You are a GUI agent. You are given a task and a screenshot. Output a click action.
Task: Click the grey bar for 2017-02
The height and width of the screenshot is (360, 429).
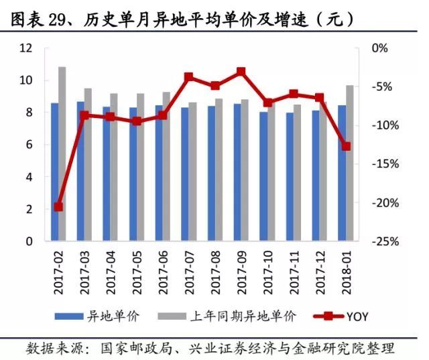click(x=62, y=154)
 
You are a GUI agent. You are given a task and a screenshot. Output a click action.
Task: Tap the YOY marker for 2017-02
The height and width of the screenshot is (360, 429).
click(x=58, y=207)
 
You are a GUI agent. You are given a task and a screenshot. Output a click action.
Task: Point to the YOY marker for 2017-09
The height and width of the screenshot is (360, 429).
click(x=241, y=71)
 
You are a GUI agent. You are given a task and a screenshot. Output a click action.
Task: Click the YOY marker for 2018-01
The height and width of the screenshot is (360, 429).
click(x=346, y=146)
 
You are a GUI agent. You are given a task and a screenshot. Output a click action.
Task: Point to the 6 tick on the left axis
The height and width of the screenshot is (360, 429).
click(x=29, y=145)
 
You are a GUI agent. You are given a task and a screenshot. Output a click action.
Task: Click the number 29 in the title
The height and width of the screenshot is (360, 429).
click(x=56, y=21)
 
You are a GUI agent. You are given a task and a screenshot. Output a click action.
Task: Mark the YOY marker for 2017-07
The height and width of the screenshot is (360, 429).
click(x=189, y=77)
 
